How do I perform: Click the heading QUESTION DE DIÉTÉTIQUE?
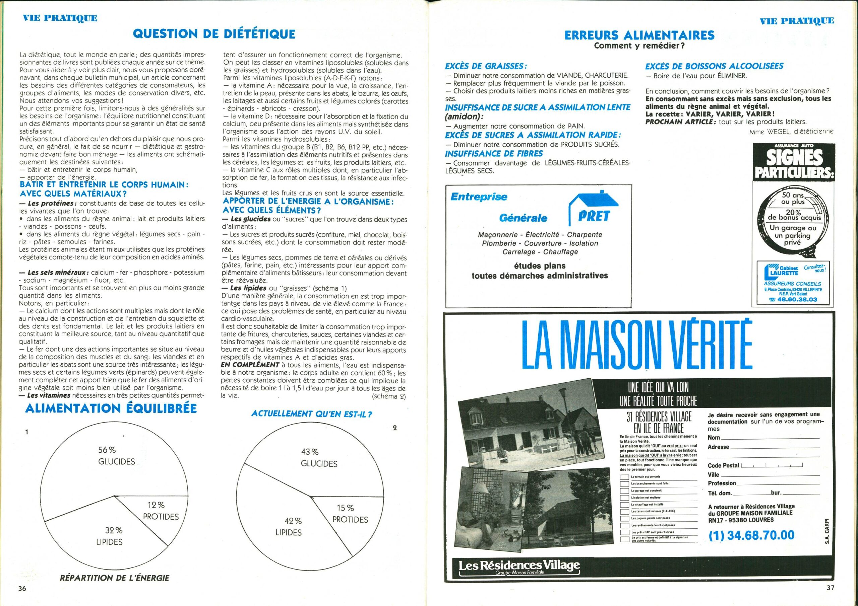tap(214, 34)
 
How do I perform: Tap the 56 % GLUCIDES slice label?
tap(116, 456)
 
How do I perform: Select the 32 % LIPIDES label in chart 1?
tap(109, 536)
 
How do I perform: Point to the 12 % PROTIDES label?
tap(161, 511)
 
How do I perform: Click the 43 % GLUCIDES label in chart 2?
tap(319, 458)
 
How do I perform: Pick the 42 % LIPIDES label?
tap(289, 526)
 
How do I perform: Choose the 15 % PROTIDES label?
tap(350, 514)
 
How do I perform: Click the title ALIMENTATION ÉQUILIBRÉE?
tap(111, 408)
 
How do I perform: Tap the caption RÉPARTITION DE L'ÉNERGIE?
tap(114, 578)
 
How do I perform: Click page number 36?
tap(22, 589)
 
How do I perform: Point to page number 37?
tap(830, 587)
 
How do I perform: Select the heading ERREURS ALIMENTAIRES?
tap(639, 35)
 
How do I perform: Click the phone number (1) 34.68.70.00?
tap(751, 535)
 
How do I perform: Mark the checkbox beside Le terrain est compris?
tap(624, 477)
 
